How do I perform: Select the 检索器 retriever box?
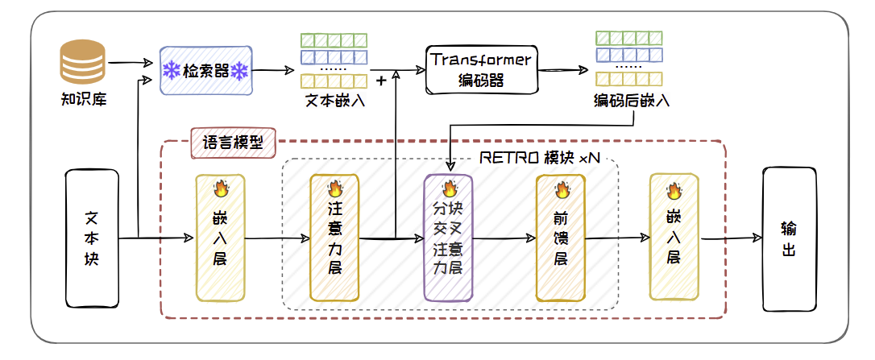(x=206, y=71)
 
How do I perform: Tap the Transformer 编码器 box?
(x=481, y=69)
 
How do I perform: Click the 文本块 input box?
(x=91, y=238)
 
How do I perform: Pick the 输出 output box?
(x=789, y=238)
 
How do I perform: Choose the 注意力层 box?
(x=334, y=238)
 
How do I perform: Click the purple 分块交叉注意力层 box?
(x=448, y=238)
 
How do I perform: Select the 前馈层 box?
(x=560, y=238)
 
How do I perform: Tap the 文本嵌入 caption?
(x=333, y=102)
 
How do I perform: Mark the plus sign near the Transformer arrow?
(x=381, y=81)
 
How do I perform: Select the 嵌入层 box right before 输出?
(x=674, y=238)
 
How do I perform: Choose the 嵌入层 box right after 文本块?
(x=220, y=238)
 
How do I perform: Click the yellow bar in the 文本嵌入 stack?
(x=333, y=81)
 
